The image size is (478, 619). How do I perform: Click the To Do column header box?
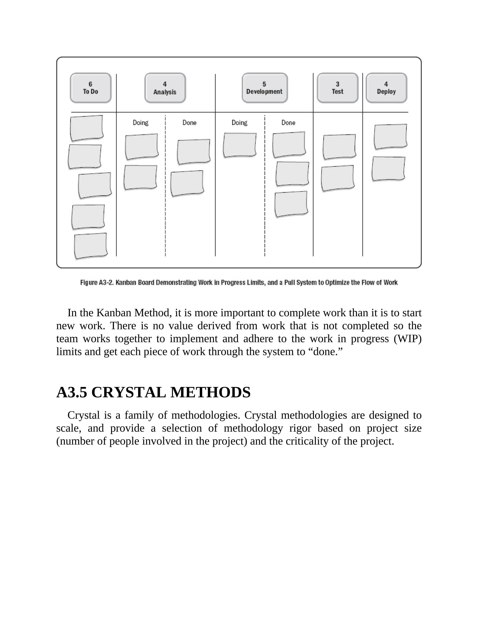pos(91,88)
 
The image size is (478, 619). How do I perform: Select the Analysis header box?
pos(165,88)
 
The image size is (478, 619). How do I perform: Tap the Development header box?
pos(264,88)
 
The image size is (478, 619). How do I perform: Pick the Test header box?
pos(337,88)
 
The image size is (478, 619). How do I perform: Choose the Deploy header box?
pos(386,88)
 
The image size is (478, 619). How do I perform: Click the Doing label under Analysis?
pos(141,123)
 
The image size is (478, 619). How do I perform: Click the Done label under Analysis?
pos(190,123)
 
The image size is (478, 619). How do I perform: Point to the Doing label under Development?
pos(239,123)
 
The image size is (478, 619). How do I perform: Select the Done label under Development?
pos(288,123)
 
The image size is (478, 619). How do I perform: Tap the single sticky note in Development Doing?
pos(239,145)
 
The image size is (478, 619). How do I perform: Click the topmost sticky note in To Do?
pos(87,128)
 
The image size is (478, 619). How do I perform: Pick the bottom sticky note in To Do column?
pos(91,246)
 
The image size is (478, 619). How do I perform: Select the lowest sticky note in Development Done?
pos(291,204)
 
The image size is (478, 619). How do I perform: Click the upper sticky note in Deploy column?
pos(390,136)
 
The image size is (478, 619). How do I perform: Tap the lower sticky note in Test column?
pos(337,178)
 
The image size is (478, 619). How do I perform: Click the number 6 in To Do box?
pos(90,84)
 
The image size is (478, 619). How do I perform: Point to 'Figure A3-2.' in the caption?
pos(97,283)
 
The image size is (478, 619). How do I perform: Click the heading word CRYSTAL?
pos(129,393)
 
